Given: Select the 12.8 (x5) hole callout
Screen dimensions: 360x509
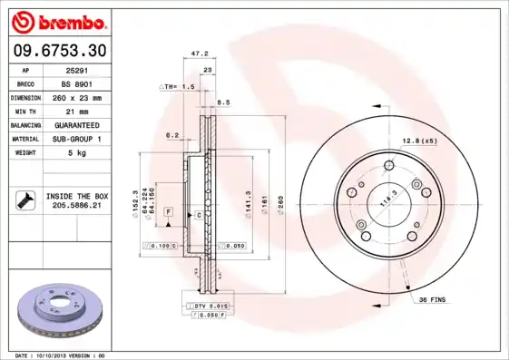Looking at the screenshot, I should click(420, 141).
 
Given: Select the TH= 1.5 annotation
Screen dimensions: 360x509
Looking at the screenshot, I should click(180, 86).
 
